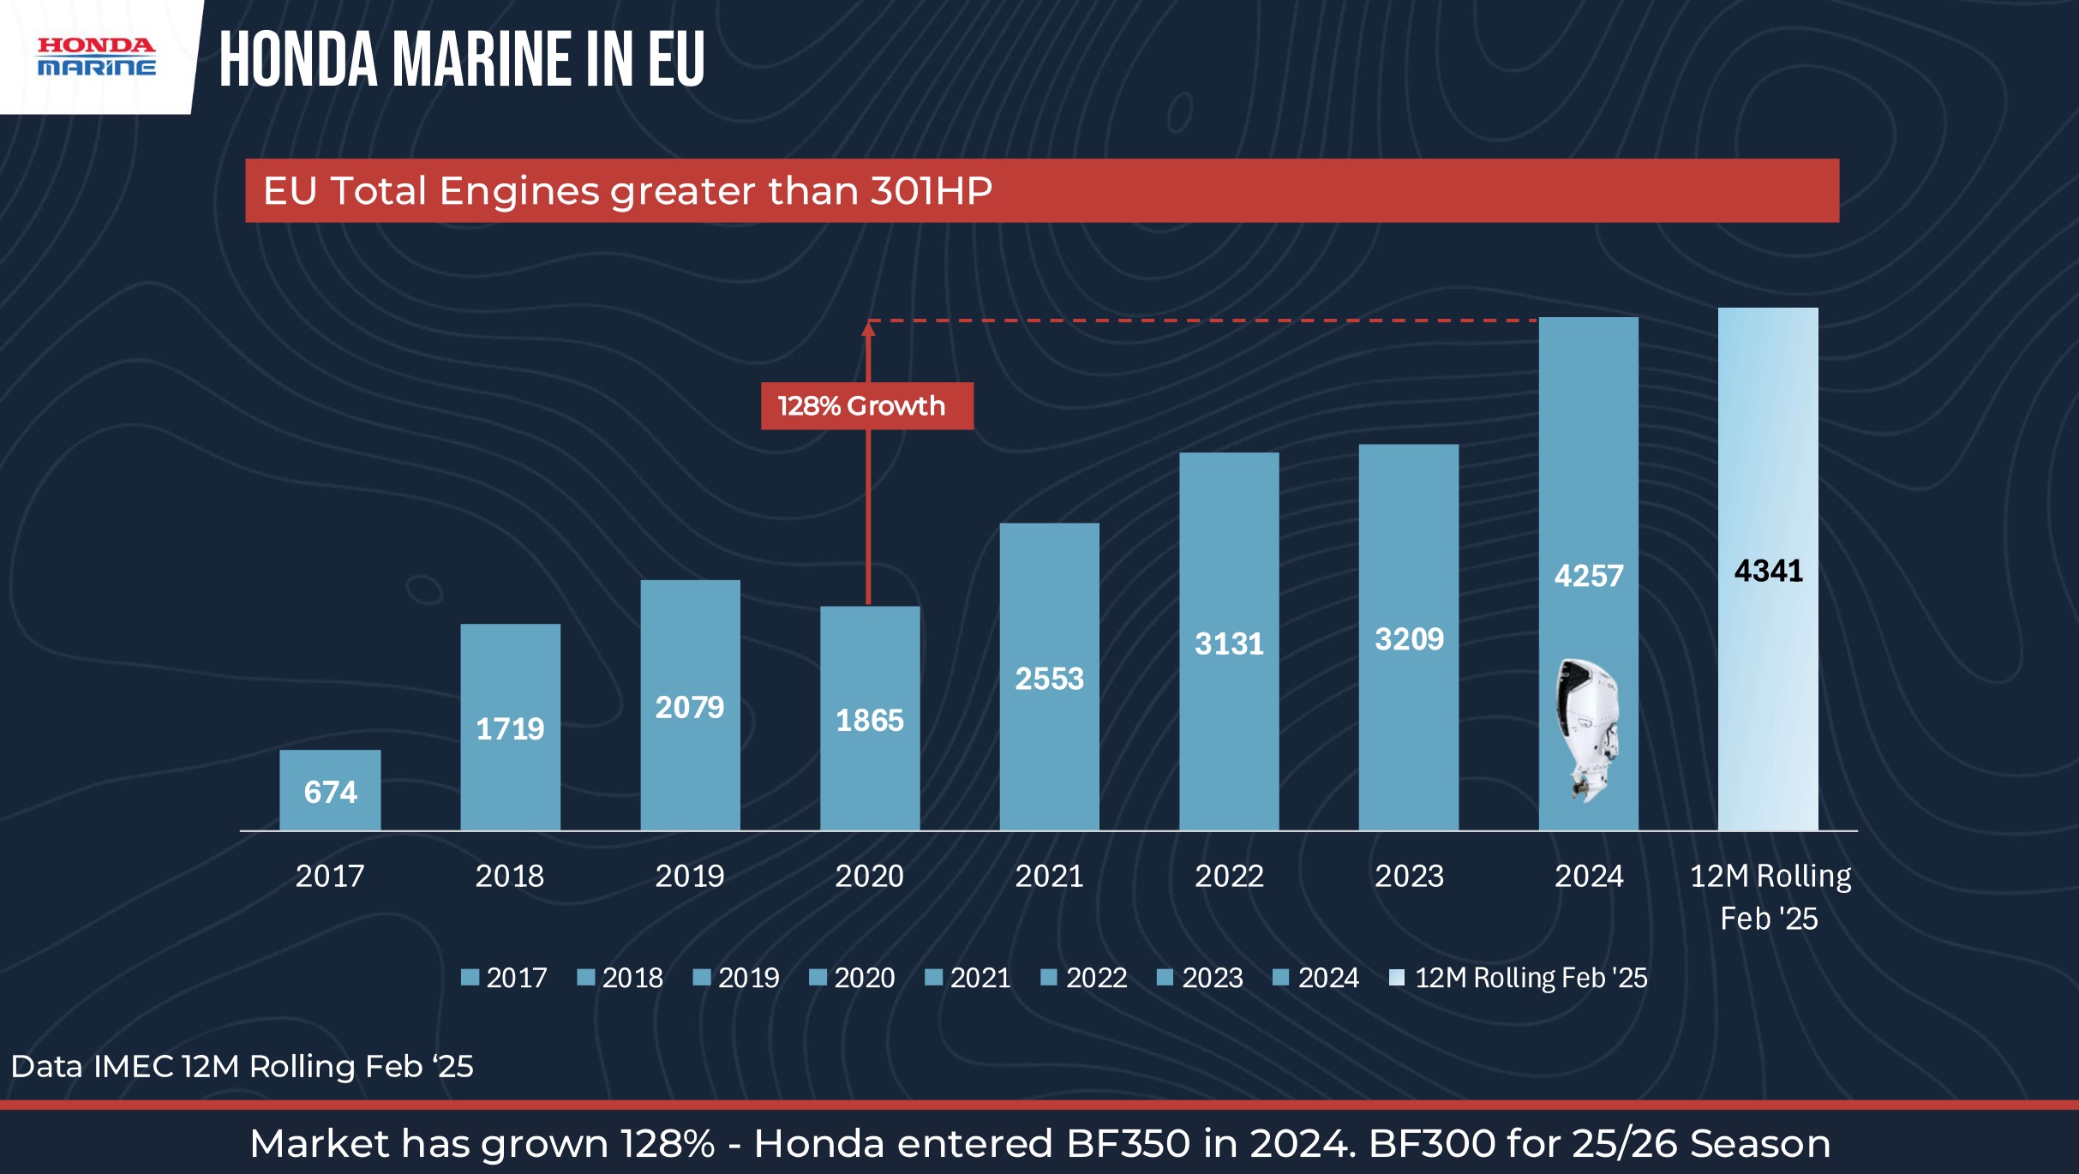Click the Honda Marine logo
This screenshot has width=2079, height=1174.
96,56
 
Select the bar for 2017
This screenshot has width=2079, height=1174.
330,789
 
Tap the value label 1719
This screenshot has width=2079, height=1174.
510,728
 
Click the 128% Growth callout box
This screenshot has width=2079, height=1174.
866,405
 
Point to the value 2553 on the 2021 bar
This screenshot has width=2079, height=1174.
1049,679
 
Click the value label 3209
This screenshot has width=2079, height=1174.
1409,638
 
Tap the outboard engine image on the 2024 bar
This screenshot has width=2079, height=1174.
1587,729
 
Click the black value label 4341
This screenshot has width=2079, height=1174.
1768,571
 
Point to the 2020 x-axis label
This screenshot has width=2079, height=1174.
869,876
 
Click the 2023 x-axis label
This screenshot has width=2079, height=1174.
1409,876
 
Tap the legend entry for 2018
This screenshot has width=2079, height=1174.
620,978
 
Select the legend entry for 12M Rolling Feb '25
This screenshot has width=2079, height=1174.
1519,978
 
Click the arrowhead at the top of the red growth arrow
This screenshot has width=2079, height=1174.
868,327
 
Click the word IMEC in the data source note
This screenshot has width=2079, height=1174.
133,1066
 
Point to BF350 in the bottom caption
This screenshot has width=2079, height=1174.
1128,1143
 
